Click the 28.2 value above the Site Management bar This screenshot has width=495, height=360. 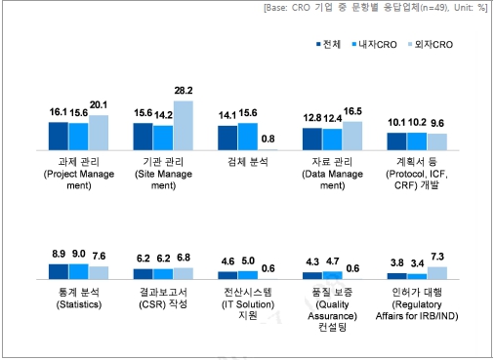click(184, 93)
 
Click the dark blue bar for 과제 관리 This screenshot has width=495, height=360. click(59, 137)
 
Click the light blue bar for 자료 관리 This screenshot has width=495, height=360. click(351, 137)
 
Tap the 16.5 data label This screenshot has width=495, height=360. click(351, 113)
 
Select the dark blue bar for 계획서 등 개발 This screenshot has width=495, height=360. click(395, 141)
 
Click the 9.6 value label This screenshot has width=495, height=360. click(436, 124)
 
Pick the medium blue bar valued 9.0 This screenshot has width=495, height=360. click(78, 272)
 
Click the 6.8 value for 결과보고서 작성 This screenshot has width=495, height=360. click(184, 259)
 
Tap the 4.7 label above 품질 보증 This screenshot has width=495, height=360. click(331, 262)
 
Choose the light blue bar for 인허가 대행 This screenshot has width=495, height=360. click(435, 273)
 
